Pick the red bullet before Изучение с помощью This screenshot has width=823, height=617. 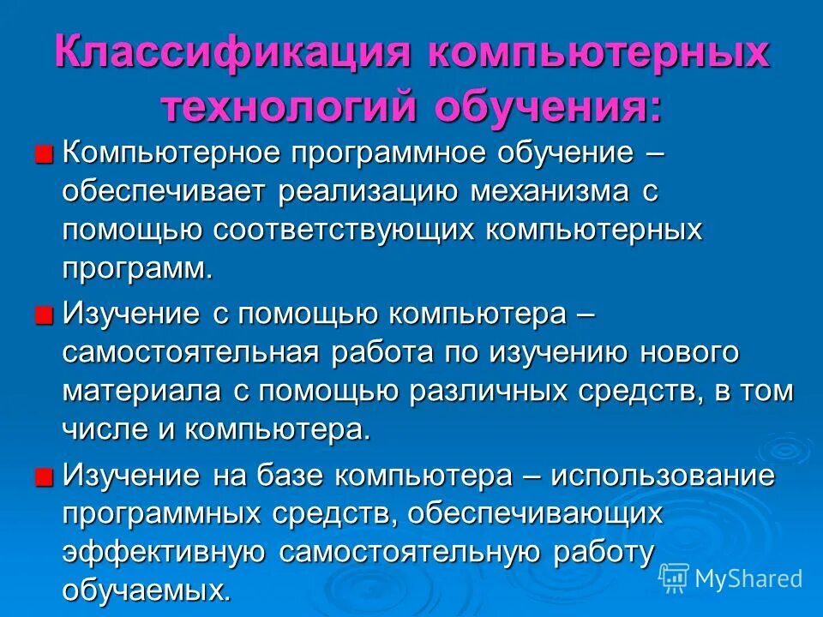44,314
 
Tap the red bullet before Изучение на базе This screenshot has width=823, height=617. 44,475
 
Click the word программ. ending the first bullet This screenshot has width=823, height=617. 136,267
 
